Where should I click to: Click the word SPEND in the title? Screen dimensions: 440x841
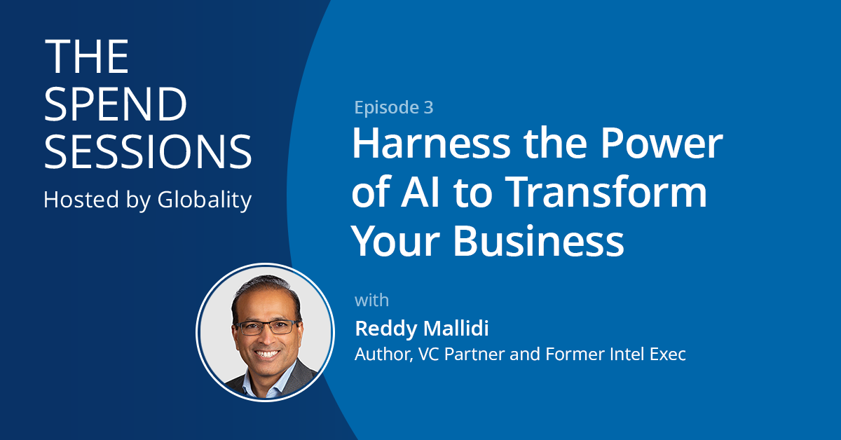click(x=116, y=104)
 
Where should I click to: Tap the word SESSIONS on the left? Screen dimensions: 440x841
click(x=148, y=151)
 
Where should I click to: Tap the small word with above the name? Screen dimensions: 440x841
click(x=371, y=301)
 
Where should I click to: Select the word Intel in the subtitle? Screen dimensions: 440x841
click(x=613, y=354)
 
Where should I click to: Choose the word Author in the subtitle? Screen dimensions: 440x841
click(x=383, y=354)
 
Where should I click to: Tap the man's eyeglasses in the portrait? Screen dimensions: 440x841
click(x=266, y=327)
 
